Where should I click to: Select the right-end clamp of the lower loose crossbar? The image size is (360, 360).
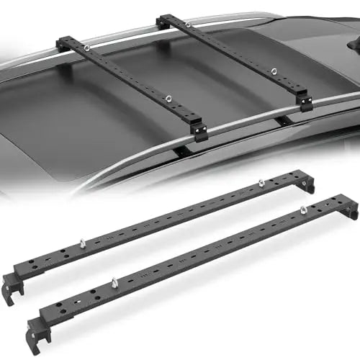coord(350,210)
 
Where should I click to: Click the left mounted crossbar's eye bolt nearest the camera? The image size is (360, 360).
coord(167,99)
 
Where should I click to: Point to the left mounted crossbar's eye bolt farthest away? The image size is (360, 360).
coord(86,49)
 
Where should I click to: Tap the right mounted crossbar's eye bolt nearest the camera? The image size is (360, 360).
coord(274,71)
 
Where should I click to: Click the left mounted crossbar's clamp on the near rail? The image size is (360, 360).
coord(199,131)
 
